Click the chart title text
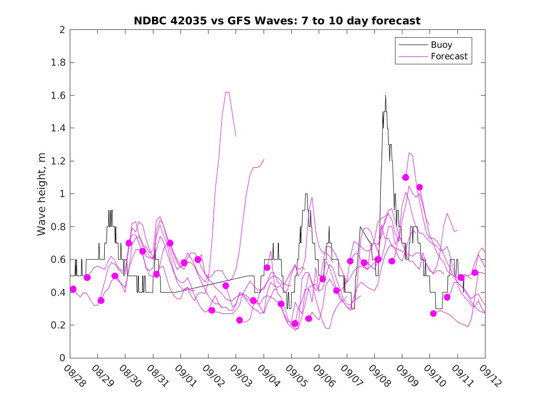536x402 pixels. click(x=277, y=21)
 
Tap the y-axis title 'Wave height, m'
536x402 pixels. click(x=42, y=193)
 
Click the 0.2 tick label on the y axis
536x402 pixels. click(x=60, y=325)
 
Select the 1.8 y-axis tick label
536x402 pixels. click(x=60, y=63)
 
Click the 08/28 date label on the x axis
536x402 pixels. click(x=74, y=376)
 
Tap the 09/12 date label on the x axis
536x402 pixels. click(x=489, y=376)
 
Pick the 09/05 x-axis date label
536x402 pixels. click(x=295, y=376)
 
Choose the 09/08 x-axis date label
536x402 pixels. click(x=378, y=376)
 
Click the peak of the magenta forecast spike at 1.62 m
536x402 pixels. click(x=227, y=92)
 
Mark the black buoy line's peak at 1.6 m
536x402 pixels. click(x=385, y=96)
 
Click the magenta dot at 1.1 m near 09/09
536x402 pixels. click(x=406, y=177)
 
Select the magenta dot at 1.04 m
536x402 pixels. click(x=419, y=187)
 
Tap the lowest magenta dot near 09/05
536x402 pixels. click(x=295, y=323)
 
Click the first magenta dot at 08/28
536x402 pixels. click(x=73, y=289)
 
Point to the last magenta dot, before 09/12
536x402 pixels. click(x=475, y=272)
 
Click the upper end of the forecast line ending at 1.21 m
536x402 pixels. click(x=264, y=159)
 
